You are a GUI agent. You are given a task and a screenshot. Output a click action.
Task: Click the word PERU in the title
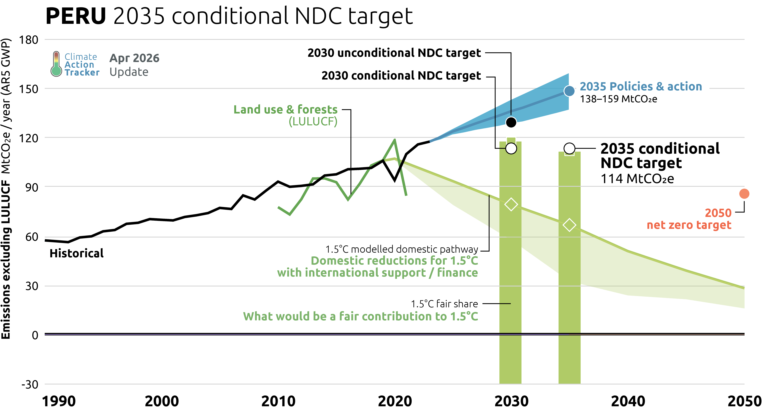(76, 16)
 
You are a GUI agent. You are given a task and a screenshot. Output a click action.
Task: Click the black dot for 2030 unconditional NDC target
(511, 122)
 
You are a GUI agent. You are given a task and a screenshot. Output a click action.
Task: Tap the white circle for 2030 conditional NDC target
(511, 148)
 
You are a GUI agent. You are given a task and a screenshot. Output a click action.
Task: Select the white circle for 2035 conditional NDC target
(569, 148)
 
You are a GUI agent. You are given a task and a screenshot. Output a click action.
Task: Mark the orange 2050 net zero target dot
(744, 194)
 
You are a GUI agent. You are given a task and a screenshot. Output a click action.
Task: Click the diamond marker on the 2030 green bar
(511, 204)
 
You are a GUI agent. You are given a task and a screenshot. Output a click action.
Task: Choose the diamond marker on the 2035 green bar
(569, 225)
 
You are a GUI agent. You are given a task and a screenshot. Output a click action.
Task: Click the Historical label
(76, 253)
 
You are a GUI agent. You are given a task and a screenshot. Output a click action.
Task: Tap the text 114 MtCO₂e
(637, 179)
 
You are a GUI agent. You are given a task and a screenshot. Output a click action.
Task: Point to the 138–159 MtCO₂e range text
(618, 99)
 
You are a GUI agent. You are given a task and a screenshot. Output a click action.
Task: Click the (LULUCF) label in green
(313, 121)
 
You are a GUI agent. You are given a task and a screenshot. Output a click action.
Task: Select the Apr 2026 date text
(134, 58)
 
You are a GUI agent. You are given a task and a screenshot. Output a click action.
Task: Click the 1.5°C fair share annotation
(444, 304)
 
